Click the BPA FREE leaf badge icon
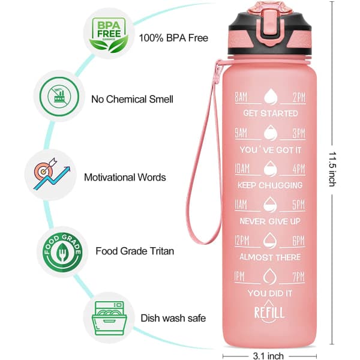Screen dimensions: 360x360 coord(109,34)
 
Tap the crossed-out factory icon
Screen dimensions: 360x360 coord(59,97)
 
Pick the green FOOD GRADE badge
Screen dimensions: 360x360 coord(62,253)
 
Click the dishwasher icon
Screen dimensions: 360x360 coord(109,318)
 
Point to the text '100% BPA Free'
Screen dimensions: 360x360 coord(173,38)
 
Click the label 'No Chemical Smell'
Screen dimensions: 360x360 coord(132,99)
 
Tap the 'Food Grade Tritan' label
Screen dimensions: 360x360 coord(135,251)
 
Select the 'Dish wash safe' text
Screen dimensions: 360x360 coord(173,318)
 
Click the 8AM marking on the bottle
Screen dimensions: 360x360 coord(241,97)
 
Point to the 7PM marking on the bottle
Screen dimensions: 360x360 coord(298,277)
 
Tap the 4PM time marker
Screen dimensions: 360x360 coord(299,169)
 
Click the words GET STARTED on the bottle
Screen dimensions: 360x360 coord(270,113)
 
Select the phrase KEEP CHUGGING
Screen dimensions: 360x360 coord(270,185)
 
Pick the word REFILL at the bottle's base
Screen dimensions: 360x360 coord(269,313)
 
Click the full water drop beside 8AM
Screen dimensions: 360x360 coord(271,97)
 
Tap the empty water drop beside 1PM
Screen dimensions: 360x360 coord(269,277)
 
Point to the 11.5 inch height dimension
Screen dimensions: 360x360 coord(332,169)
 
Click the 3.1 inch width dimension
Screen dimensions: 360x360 coord(268,356)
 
